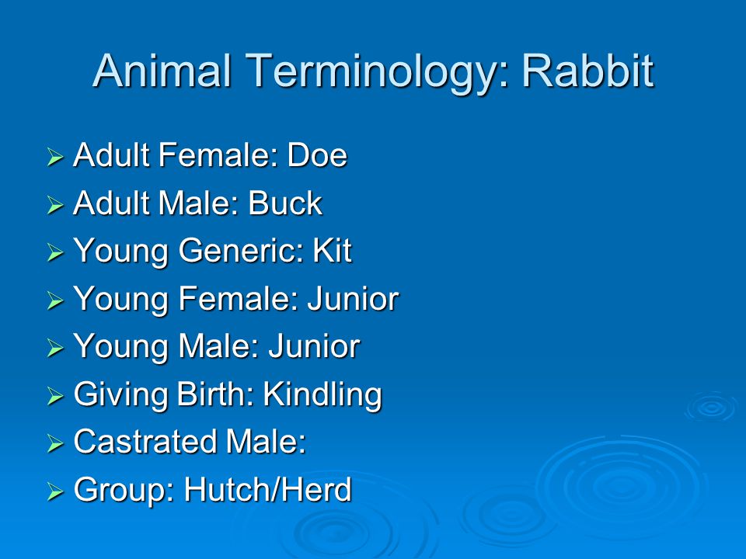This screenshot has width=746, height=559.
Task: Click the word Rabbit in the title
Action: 588,71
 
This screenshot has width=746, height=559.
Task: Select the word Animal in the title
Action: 162,71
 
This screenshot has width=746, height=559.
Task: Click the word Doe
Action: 317,155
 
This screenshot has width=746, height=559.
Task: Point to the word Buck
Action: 285,203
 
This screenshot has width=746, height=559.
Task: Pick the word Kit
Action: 332,250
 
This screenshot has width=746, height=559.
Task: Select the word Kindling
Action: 322,395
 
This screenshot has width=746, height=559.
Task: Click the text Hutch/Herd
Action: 268,489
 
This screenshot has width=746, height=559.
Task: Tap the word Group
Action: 124,491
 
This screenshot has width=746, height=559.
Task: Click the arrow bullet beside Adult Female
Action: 55,157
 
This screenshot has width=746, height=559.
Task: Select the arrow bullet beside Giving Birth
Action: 55,395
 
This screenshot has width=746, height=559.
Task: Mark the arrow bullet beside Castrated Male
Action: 55,443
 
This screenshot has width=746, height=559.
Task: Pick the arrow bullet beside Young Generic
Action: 55,252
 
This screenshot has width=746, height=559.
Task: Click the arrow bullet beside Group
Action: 55,491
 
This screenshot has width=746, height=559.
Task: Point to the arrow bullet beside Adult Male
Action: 55,205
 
